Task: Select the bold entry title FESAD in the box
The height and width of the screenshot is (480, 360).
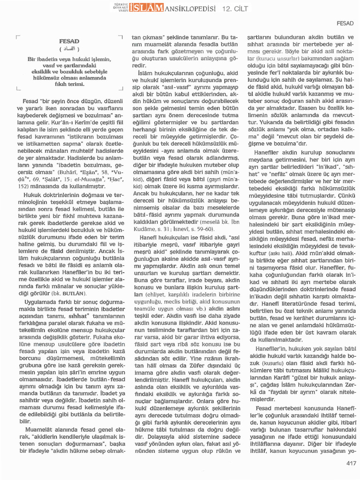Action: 69,42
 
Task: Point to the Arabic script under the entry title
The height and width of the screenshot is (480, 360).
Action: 69,49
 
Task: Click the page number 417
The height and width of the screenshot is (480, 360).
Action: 351,463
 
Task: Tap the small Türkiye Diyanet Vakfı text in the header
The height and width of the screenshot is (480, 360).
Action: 121,8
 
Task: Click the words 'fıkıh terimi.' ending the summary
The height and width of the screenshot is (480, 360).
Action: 69,84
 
